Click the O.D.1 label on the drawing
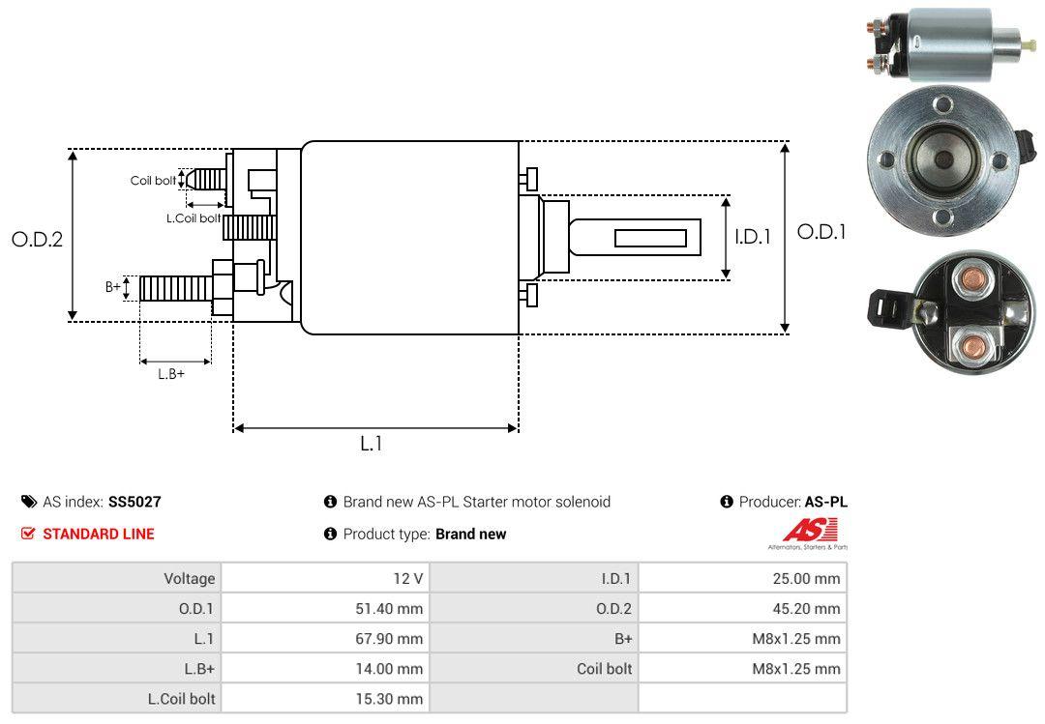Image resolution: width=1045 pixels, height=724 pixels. pos(821,232)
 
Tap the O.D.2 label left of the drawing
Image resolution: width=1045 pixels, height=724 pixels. pos(37,239)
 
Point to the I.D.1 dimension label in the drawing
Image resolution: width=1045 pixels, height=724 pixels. pos(752,236)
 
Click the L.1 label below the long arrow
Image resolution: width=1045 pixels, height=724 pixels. pos(372,444)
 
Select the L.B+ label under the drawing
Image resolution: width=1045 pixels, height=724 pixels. pos(171,374)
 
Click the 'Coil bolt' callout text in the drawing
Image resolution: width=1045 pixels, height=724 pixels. pos(153,181)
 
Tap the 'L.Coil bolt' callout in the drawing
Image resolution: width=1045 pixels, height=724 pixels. pos(194,218)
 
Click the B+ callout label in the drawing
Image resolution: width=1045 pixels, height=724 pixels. pos(113,287)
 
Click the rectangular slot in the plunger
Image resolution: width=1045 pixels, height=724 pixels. pos(650,238)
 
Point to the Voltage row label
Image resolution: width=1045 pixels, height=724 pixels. pos(189,579)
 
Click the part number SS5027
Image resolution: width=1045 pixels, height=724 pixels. pos(134,502)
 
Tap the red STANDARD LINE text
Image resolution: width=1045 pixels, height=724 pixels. pos(98,534)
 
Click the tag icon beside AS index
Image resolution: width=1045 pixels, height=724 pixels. pos(29,502)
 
